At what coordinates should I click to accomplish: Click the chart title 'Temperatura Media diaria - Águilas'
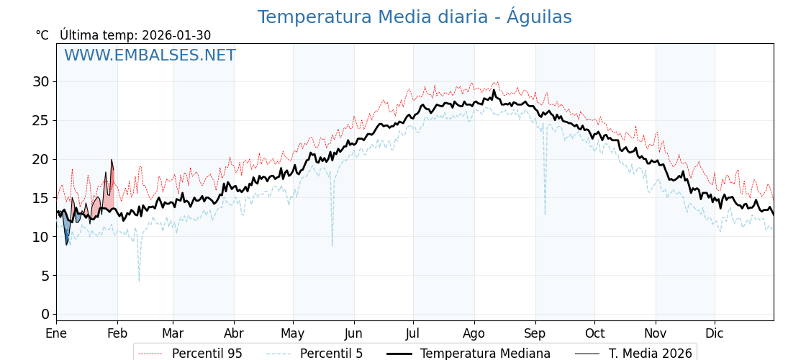[x=415, y=17]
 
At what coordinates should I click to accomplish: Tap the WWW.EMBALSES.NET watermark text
[x=150, y=55]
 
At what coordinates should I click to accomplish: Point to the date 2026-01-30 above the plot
[x=176, y=35]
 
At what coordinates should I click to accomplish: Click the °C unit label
[x=42, y=35]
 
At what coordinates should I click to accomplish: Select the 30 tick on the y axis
[x=41, y=81]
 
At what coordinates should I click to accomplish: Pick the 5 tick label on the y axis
[x=45, y=275]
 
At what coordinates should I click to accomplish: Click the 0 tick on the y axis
[x=45, y=314]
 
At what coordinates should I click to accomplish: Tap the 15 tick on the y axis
[x=41, y=198]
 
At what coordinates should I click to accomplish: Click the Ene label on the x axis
[x=56, y=333]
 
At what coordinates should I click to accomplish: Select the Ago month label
[x=474, y=333]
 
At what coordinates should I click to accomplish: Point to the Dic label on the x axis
[x=715, y=333]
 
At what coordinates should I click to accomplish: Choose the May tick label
[x=293, y=333]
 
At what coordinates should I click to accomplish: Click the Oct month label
[x=594, y=333]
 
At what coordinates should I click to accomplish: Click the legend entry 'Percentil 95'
[x=207, y=354]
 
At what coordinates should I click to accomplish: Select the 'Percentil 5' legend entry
[x=331, y=354]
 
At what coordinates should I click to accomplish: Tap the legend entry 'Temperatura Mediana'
[x=485, y=354]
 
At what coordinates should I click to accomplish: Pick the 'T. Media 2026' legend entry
[x=650, y=354]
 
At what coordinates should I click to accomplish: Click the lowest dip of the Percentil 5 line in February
[x=139, y=281]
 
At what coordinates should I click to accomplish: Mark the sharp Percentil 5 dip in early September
[x=545, y=213]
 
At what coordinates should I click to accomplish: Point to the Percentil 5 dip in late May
[x=332, y=245]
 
